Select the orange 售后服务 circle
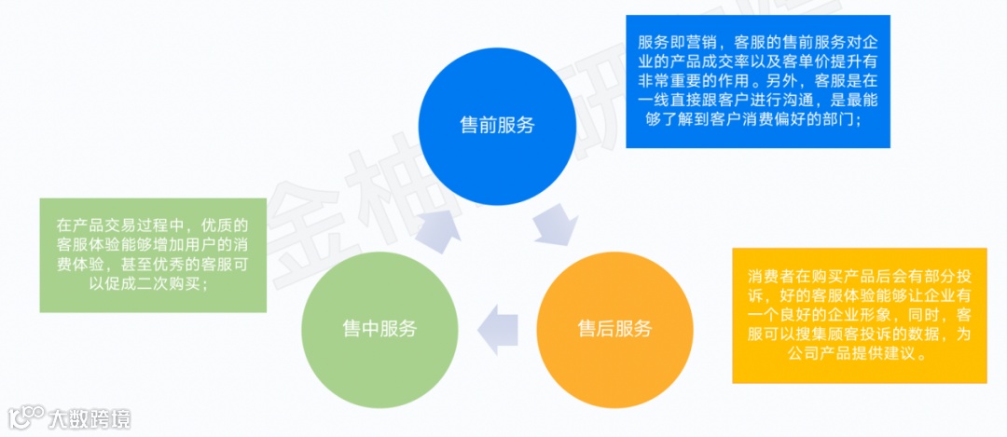614,328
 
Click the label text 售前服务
497,126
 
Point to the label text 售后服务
614,328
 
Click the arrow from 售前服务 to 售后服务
557,225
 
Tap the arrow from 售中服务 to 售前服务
435,227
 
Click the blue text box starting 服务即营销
757,81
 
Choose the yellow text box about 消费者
859,315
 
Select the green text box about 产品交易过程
153,254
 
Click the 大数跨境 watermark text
90,418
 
